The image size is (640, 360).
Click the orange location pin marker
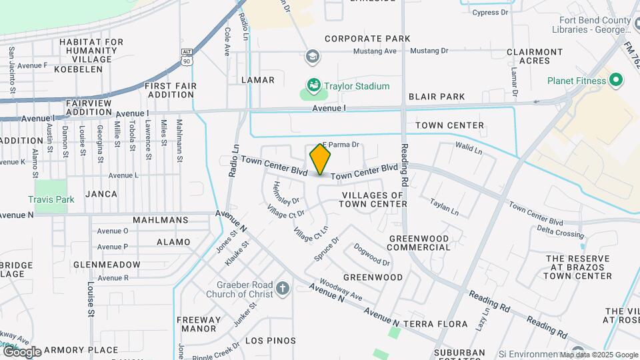point(321,159)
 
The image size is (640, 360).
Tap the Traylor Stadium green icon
point(313,85)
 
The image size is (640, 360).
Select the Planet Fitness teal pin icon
point(616,81)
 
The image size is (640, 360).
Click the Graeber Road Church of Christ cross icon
point(283,289)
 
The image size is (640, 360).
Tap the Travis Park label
point(51,199)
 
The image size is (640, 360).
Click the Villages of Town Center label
point(373,199)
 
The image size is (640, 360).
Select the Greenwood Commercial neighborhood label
point(419,242)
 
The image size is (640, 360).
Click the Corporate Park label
point(367,39)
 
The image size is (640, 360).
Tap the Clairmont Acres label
point(535,56)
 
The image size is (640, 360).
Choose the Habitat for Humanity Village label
point(91,50)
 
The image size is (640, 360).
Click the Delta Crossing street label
point(560,233)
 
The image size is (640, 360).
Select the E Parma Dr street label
point(341,144)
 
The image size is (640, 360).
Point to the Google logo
point(21,351)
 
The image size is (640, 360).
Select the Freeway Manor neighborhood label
point(199,323)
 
